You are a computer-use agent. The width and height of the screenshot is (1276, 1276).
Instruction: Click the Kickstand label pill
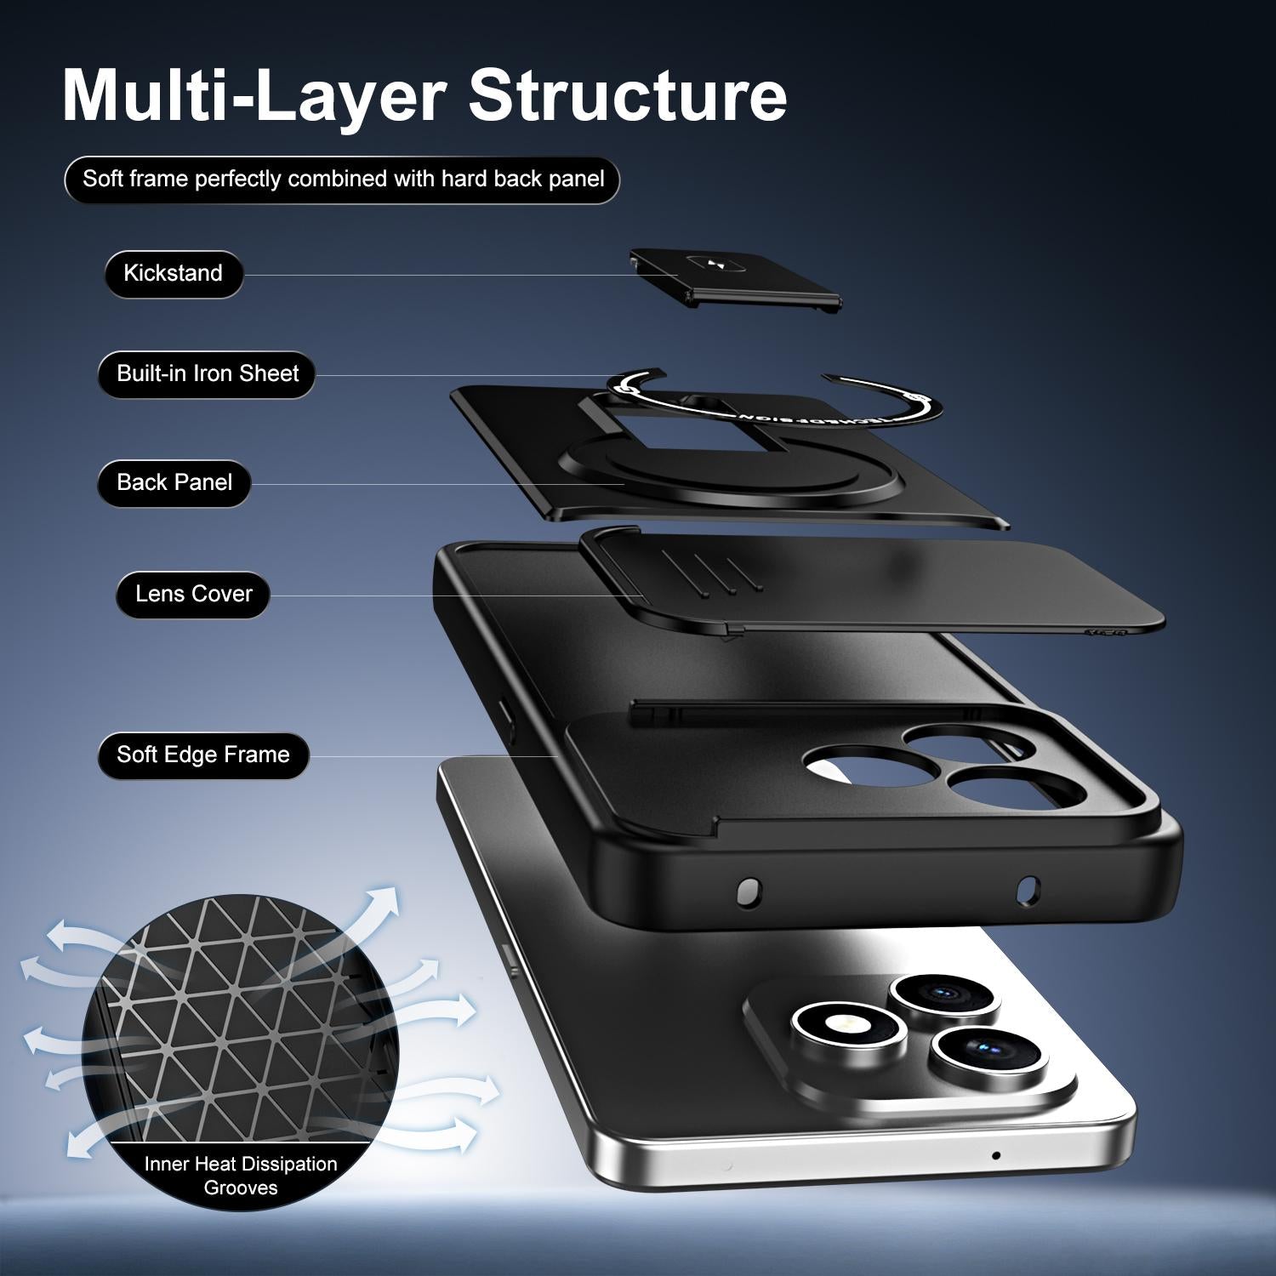pos(174,274)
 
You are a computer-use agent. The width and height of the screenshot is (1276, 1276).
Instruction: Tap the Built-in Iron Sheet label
pos(207,374)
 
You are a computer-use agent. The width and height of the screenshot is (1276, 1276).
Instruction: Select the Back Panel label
pos(174,483)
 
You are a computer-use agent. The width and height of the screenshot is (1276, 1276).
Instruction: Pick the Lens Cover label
pos(193,594)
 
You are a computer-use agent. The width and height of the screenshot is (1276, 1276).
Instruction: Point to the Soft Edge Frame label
pos(202,755)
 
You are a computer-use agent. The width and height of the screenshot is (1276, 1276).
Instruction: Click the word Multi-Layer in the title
pos(253,96)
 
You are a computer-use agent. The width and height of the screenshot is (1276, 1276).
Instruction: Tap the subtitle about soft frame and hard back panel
pos(342,179)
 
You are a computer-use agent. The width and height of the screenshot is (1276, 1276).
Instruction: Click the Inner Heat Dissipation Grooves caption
pos(241,1176)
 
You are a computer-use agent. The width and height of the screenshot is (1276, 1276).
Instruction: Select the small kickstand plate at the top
pos(733,278)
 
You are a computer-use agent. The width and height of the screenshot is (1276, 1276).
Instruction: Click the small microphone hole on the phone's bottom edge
pos(995,1155)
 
